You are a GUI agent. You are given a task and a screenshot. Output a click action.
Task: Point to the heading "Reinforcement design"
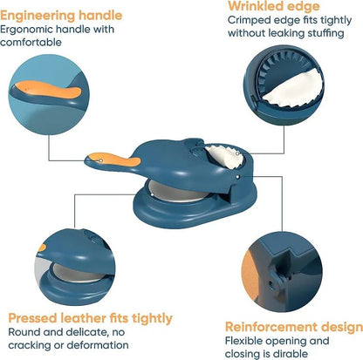coord(293,326)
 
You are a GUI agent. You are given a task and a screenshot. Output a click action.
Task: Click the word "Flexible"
coord(246,340)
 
